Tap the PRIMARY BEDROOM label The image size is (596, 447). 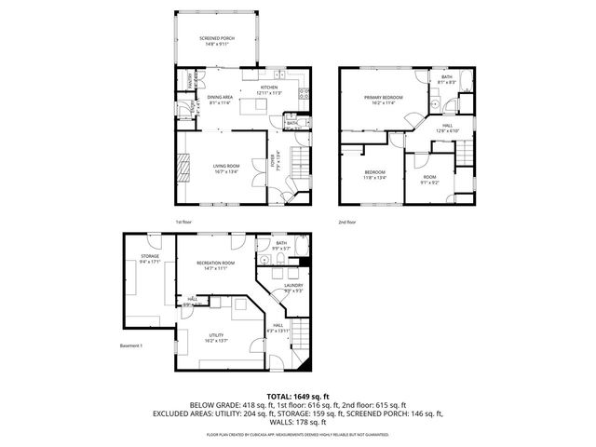383,101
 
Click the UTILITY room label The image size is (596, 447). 215,338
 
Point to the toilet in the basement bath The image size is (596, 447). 264,261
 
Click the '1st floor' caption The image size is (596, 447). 183,222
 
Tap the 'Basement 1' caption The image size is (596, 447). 133,345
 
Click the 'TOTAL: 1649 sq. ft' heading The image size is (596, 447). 297,397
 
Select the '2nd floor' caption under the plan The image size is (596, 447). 347,222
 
